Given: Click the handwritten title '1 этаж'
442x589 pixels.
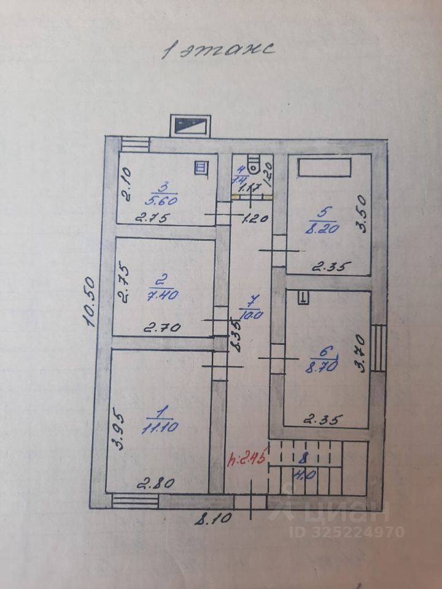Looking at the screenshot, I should pos(218,49).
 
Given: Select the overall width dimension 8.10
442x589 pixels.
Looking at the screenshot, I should pos(214,518).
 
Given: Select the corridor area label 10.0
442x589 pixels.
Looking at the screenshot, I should pos(251,315).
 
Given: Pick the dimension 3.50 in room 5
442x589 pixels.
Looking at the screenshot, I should pos(362,213).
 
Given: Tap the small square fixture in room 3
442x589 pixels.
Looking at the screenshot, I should pos(201,166).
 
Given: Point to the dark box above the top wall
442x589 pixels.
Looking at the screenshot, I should pos(191,126).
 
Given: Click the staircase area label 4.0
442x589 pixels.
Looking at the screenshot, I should pos(302,474).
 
